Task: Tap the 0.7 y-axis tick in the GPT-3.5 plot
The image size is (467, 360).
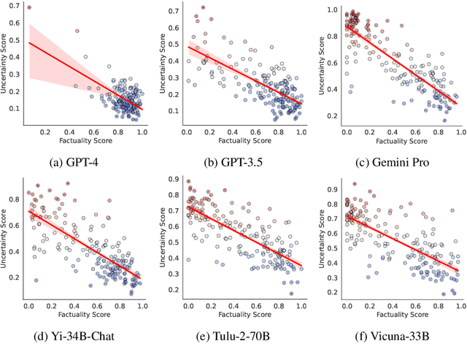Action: coord(173,12)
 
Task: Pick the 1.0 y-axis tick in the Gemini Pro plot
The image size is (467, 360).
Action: coord(328,9)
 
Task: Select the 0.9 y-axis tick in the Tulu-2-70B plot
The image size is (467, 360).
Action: coord(173,179)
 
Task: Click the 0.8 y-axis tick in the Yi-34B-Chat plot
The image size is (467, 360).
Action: coord(15,198)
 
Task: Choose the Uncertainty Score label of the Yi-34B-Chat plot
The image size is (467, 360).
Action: coord(5,238)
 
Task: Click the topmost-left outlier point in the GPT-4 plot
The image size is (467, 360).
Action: coord(28,8)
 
